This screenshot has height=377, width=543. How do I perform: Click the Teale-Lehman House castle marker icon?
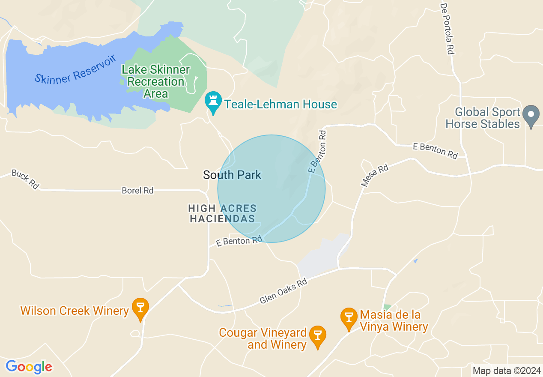click(213, 102)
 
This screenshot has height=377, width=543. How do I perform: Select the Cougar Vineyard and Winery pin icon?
click(317, 336)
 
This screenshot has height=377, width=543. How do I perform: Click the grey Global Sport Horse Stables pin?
click(531, 115)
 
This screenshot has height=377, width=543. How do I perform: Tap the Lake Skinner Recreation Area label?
click(156, 81)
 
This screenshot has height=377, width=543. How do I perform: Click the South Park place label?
click(232, 175)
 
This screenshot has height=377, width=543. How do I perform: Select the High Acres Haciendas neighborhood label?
click(223, 213)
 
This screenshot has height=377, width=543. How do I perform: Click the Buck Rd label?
click(25, 179)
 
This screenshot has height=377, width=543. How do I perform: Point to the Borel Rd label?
click(137, 191)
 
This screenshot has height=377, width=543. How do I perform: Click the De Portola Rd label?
click(446, 29)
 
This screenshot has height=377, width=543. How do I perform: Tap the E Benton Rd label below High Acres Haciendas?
click(239, 241)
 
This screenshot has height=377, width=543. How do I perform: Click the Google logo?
click(29, 367)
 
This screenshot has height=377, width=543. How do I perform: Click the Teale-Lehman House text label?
click(280, 104)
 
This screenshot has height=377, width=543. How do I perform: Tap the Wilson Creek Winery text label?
click(75, 311)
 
